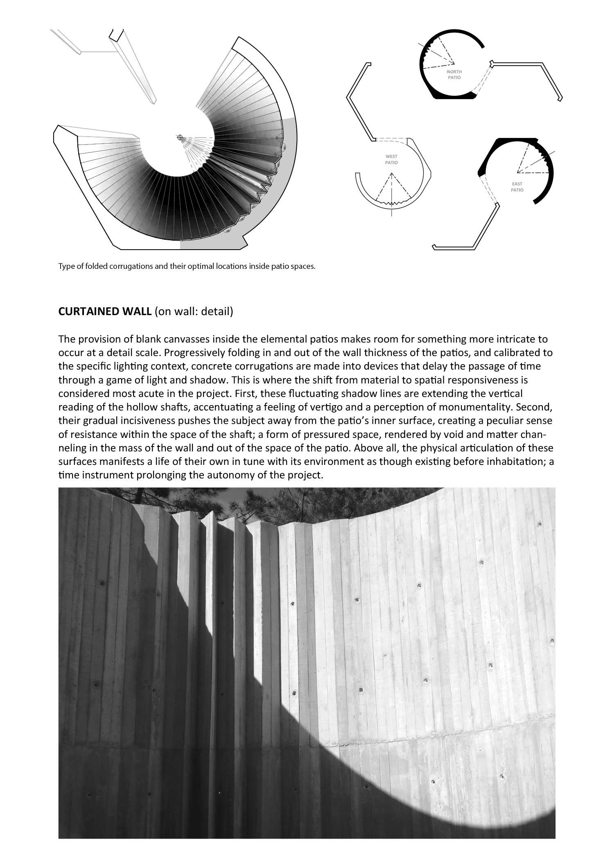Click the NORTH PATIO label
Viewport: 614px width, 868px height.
click(454, 74)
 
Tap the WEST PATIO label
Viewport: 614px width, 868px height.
click(391, 160)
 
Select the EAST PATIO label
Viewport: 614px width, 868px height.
click(517, 187)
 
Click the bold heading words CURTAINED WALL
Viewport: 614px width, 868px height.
click(105, 312)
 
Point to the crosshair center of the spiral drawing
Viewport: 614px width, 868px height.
click(179, 137)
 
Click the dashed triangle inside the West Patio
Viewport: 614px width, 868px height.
click(391, 188)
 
